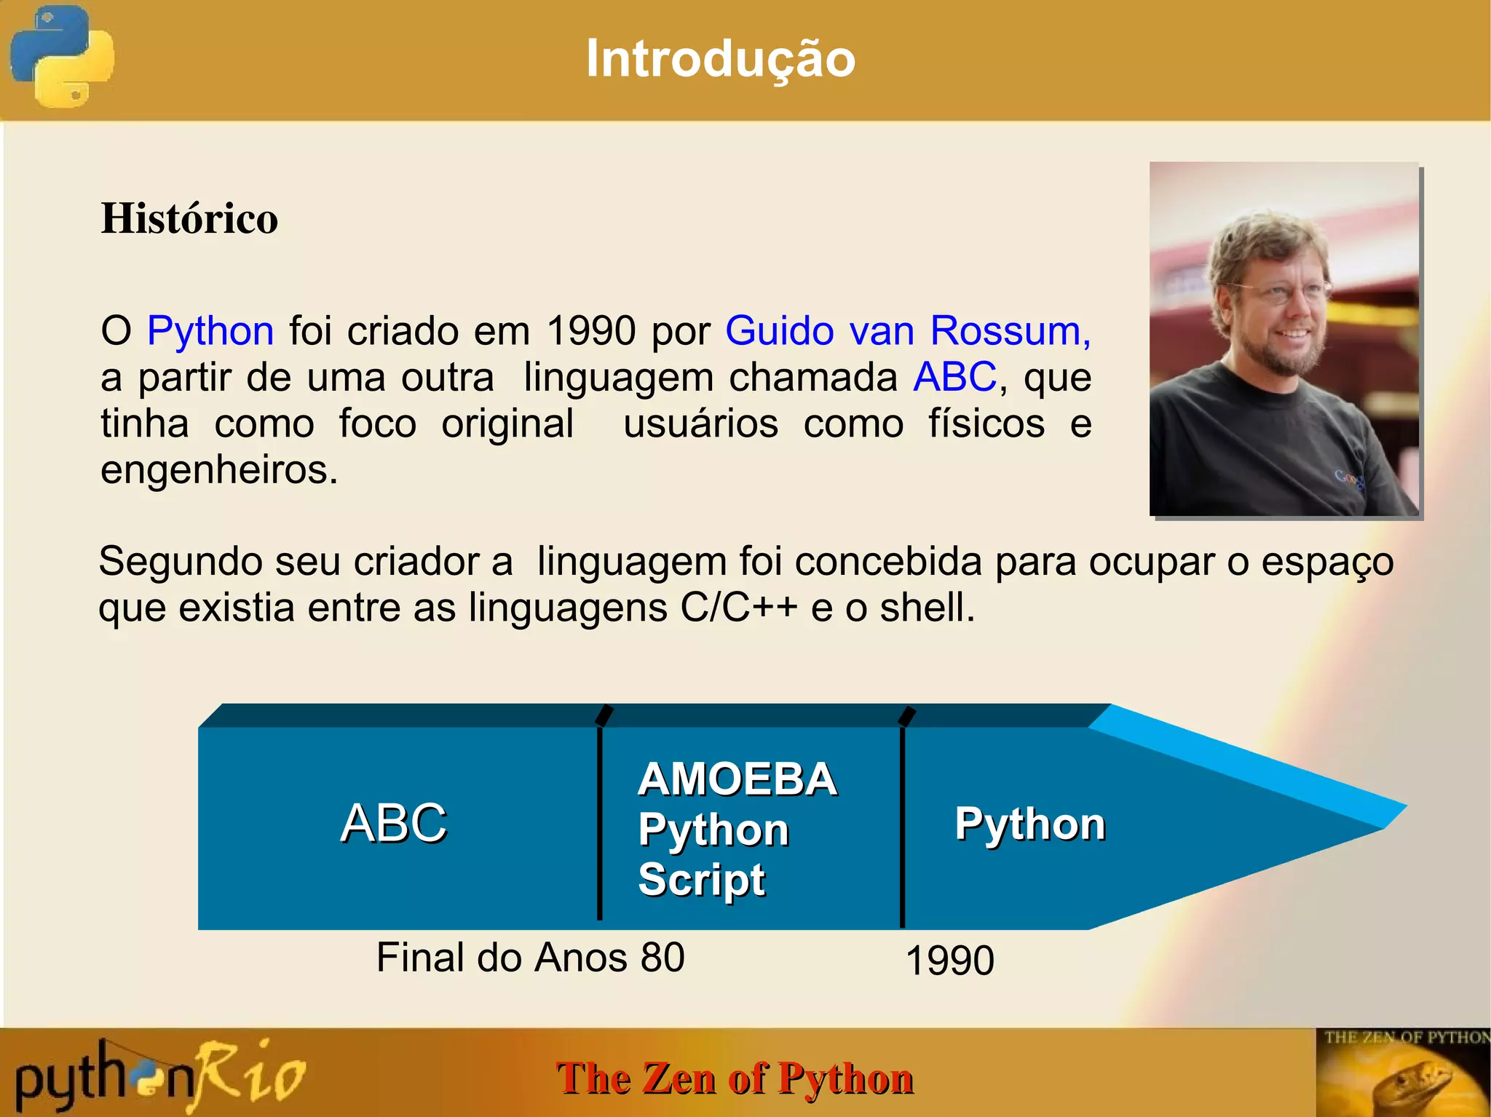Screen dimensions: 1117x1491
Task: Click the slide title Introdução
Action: tap(720, 58)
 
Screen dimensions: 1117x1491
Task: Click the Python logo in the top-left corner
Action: tap(62, 57)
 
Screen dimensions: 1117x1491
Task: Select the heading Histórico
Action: tap(189, 218)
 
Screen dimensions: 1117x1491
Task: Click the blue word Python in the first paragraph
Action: tap(210, 331)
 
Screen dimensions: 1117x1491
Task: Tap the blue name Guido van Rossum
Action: tap(907, 331)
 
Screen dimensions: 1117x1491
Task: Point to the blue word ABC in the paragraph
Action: tap(954, 377)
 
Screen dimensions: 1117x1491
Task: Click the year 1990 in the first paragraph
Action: tap(591, 331)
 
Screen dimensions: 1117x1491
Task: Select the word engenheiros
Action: tap(218, 469)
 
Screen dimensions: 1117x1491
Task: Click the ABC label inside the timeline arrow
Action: tap(393, 823)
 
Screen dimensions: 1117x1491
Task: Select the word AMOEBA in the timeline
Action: tap(737, 779)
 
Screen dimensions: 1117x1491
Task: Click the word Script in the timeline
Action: tap(701, 880)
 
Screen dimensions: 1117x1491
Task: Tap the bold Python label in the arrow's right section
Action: tap(1029, 824)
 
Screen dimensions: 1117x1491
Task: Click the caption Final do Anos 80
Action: tap(530, 958)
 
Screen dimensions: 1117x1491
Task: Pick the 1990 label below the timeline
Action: tap(949, 961)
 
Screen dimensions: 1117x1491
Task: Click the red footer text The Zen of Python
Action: tap(734, 1078)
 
